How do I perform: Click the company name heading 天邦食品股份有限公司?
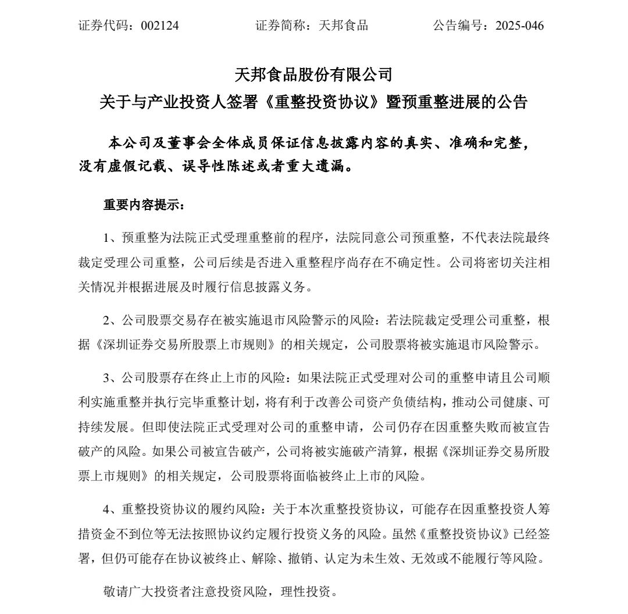313,74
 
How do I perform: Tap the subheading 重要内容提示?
142,206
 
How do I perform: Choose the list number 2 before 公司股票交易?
106,320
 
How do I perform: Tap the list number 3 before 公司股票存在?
106,378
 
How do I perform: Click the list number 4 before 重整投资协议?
106,509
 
